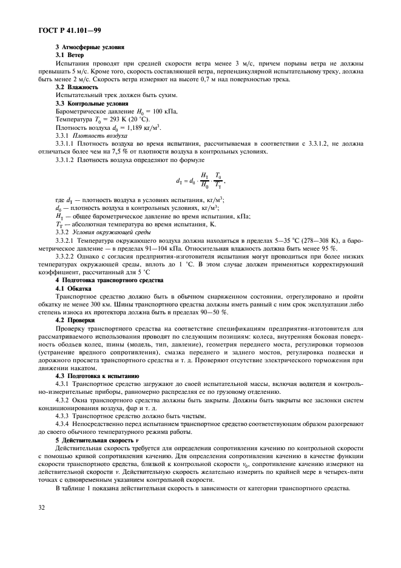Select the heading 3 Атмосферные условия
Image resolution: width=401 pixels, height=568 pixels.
click(x=90, y=47)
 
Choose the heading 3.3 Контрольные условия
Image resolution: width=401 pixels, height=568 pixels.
click(x=92, y=104)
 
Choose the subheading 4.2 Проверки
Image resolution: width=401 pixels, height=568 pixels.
click(x=75, y=320)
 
